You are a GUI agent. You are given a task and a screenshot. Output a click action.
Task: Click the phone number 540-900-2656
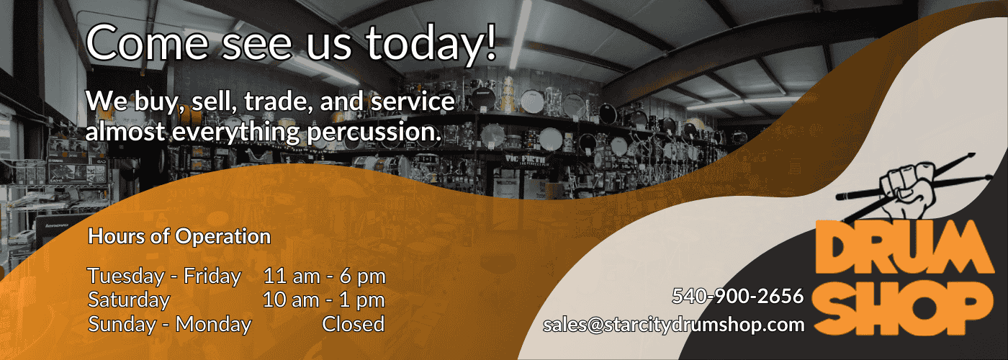coord(737,296)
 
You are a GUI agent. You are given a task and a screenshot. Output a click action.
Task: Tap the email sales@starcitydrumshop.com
coord(674,324)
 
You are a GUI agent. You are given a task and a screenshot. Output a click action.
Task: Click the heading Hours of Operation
coord(179,236)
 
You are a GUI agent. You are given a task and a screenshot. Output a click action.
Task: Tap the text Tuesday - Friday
coord(164,276)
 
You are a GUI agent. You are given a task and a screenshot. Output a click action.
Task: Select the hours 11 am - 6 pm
coord(324,276)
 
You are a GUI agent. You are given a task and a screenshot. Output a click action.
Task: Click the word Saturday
coord(129,300)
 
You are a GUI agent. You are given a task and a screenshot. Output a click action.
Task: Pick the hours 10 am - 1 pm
coord(324,300)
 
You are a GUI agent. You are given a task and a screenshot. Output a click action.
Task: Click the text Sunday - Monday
coord(170,324)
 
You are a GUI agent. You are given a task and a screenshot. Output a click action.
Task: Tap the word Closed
coord(353,324)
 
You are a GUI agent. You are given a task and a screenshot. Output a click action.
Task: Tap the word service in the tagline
coord(413,102)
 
